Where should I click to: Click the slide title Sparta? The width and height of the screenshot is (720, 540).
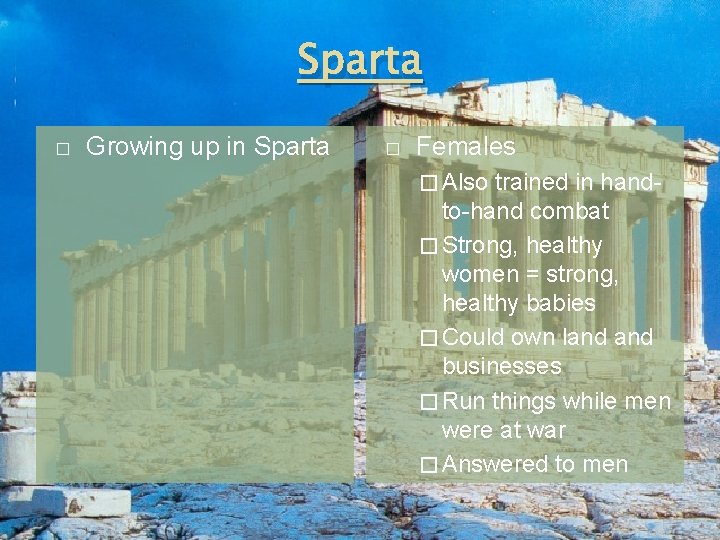360,61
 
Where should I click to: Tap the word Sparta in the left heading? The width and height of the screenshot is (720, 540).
292,146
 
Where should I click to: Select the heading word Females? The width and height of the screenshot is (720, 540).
465,147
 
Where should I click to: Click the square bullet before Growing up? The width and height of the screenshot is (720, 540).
62,149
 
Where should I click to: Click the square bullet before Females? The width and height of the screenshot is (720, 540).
392,149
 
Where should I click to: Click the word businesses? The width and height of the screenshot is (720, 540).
501,366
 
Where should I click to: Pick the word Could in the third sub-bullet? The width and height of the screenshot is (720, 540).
472,337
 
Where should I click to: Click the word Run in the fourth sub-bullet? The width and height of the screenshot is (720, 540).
463,402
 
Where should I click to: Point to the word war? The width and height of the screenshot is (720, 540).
548,431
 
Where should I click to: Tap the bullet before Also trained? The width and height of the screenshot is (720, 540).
429,183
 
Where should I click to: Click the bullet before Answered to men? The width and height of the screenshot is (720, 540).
429,465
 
